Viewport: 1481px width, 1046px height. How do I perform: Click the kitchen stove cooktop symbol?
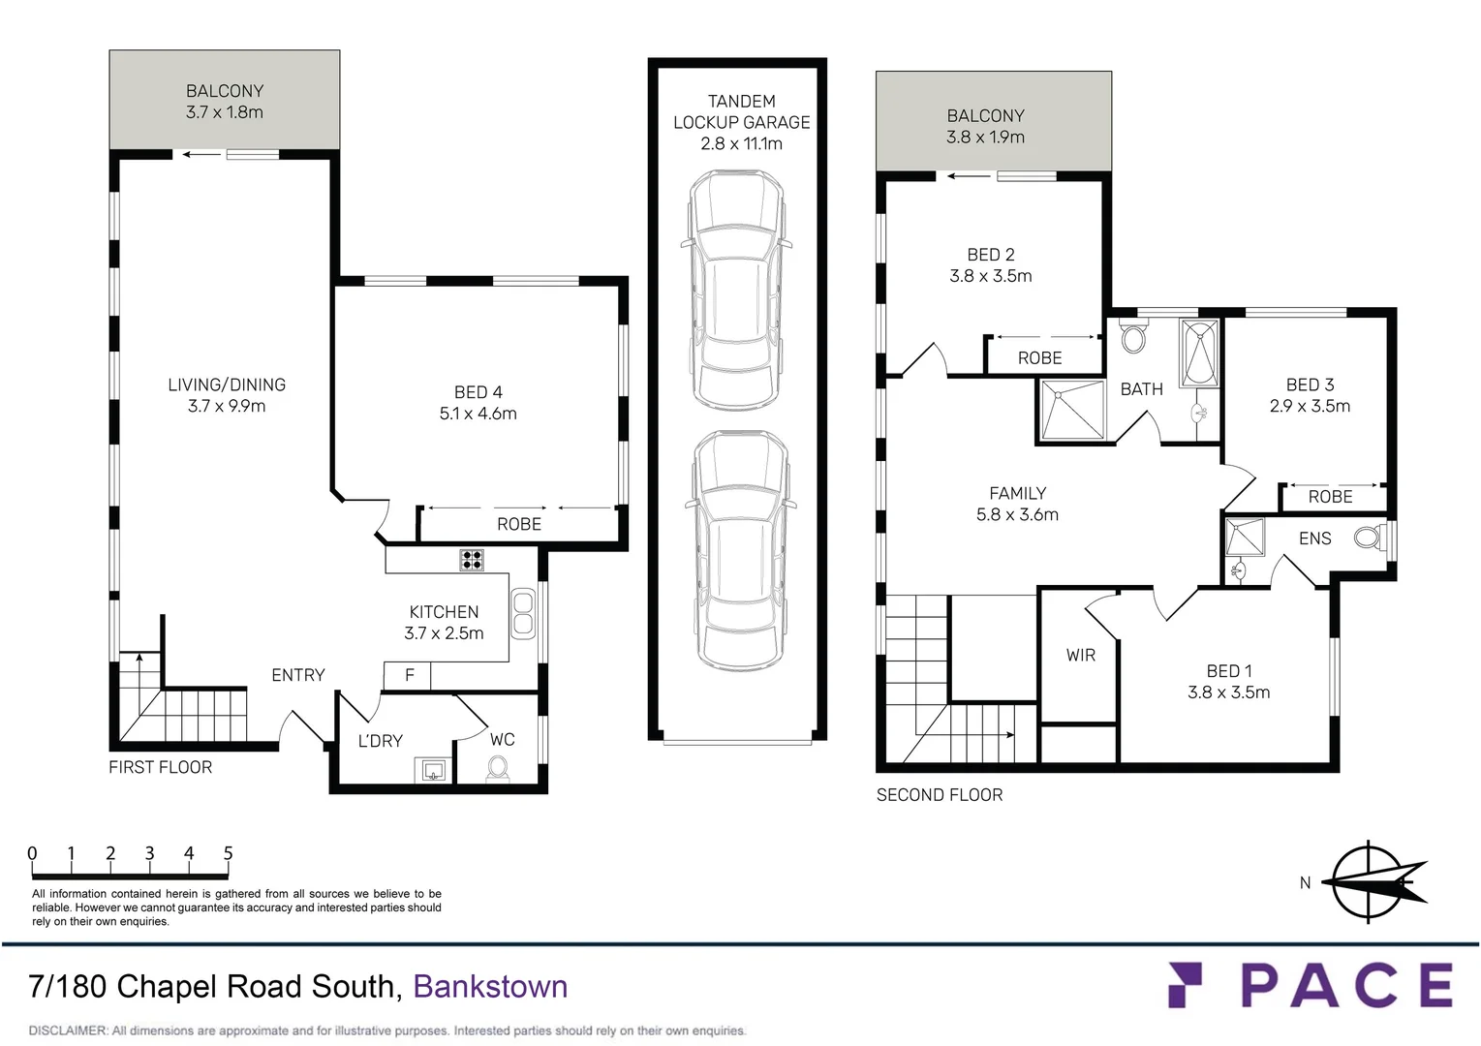(x=472, y=560)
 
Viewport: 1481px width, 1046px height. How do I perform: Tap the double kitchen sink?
(x=522, y=613)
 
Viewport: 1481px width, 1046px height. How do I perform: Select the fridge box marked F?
(x=409, y=675)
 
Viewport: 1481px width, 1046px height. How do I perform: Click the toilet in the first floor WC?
(x=499, y=768)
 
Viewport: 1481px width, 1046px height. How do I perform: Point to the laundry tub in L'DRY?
(x=433, y=771)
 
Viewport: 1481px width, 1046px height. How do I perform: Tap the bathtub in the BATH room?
(x=1199, y=354)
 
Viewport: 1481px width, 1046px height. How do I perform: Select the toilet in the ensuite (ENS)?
(x=1370, y=537)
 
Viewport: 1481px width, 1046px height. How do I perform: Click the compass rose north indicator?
(x=1369, y=881)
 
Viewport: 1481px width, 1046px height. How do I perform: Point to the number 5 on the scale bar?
(x=229, y=853)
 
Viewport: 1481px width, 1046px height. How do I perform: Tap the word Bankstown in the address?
(x=490, y=986)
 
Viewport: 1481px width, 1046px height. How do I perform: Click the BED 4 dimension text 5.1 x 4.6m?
(x=478, y=414)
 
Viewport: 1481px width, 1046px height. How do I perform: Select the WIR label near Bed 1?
(x=1080, y=656)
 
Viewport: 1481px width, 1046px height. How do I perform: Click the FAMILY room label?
(x=1017, y=493)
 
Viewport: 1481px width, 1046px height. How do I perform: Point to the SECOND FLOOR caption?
(x=939, y=795)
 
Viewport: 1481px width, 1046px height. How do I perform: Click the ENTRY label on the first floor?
(x=297, y=675)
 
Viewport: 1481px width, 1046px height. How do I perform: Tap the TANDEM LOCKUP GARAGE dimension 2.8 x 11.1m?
(x=741, y=143)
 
